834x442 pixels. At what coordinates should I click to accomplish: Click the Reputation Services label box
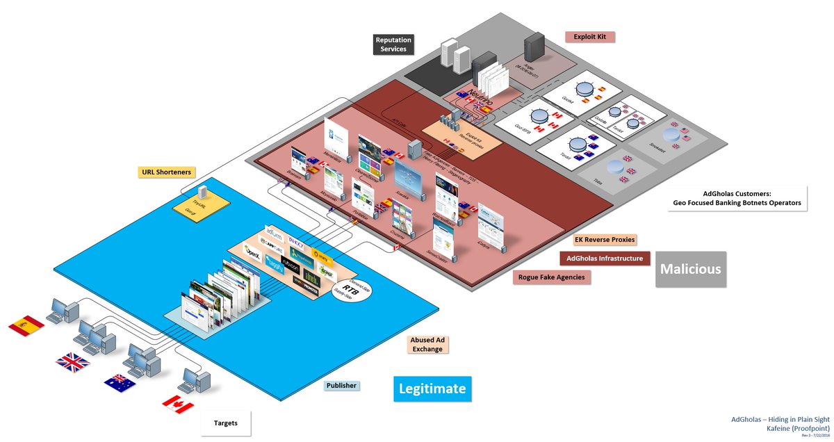(x=393, y=44)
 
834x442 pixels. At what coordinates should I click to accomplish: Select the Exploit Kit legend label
(x=590, y=36)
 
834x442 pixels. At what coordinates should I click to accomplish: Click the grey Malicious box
(x=690, y=268)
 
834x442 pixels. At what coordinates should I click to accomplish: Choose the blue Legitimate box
(x=432, y=388)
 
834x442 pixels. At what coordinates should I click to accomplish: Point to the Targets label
(x=225, y=423)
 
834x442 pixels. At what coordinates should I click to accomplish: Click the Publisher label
(x=341, y=386)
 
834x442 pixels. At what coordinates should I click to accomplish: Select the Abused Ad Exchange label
(x=426, y=344)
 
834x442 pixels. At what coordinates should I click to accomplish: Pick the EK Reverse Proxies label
(x=605, y=240)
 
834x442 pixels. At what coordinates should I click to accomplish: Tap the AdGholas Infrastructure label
(x=605, y=259)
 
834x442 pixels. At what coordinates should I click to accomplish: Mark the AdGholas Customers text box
(x=737, y=199)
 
